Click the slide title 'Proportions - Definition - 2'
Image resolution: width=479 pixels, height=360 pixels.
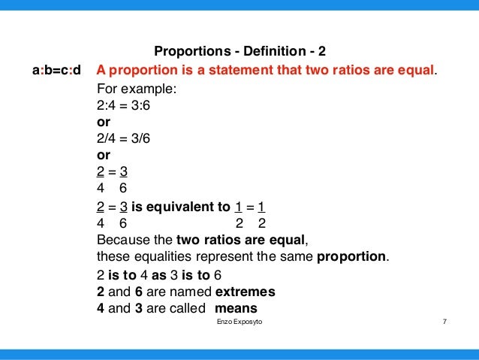(239, 53)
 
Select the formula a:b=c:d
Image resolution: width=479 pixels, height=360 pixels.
(56, 71)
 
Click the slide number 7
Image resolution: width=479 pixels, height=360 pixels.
(445, 322)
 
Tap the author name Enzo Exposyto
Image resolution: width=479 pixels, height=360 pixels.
(239, 322)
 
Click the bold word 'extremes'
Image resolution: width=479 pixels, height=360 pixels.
(245, 292)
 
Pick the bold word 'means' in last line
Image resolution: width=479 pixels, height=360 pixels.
(236, 308)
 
